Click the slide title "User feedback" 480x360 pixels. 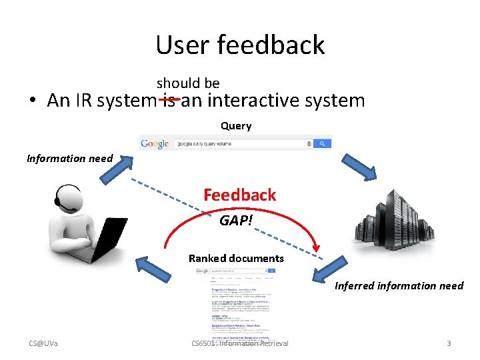pos(240,45)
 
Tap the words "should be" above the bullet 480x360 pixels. pos(188,83)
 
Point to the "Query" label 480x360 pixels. pos(236,126)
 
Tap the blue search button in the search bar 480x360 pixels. pos(323,143)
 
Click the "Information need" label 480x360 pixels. pos(70,159)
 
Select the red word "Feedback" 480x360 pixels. pos(239,195)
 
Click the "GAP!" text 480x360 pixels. pos(236,220)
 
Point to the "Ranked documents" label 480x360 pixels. pos(236,258)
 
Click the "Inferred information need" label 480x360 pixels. pos(399,286)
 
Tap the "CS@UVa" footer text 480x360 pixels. pos(43,343)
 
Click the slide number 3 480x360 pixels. pos(449,343)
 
